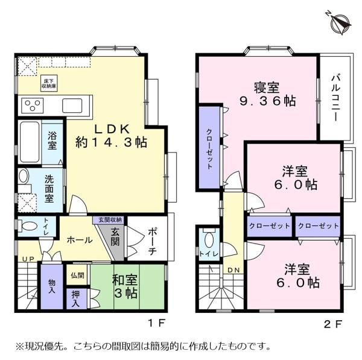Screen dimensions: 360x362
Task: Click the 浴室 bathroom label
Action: click(x=52, y=141)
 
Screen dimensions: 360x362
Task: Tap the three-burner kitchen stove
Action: click(x=32, y=106)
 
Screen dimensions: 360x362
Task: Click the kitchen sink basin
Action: click(x=74, y=105)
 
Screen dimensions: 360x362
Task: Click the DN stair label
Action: click(x=233, y=270)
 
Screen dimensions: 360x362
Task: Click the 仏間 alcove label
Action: click(x=77, y=275)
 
